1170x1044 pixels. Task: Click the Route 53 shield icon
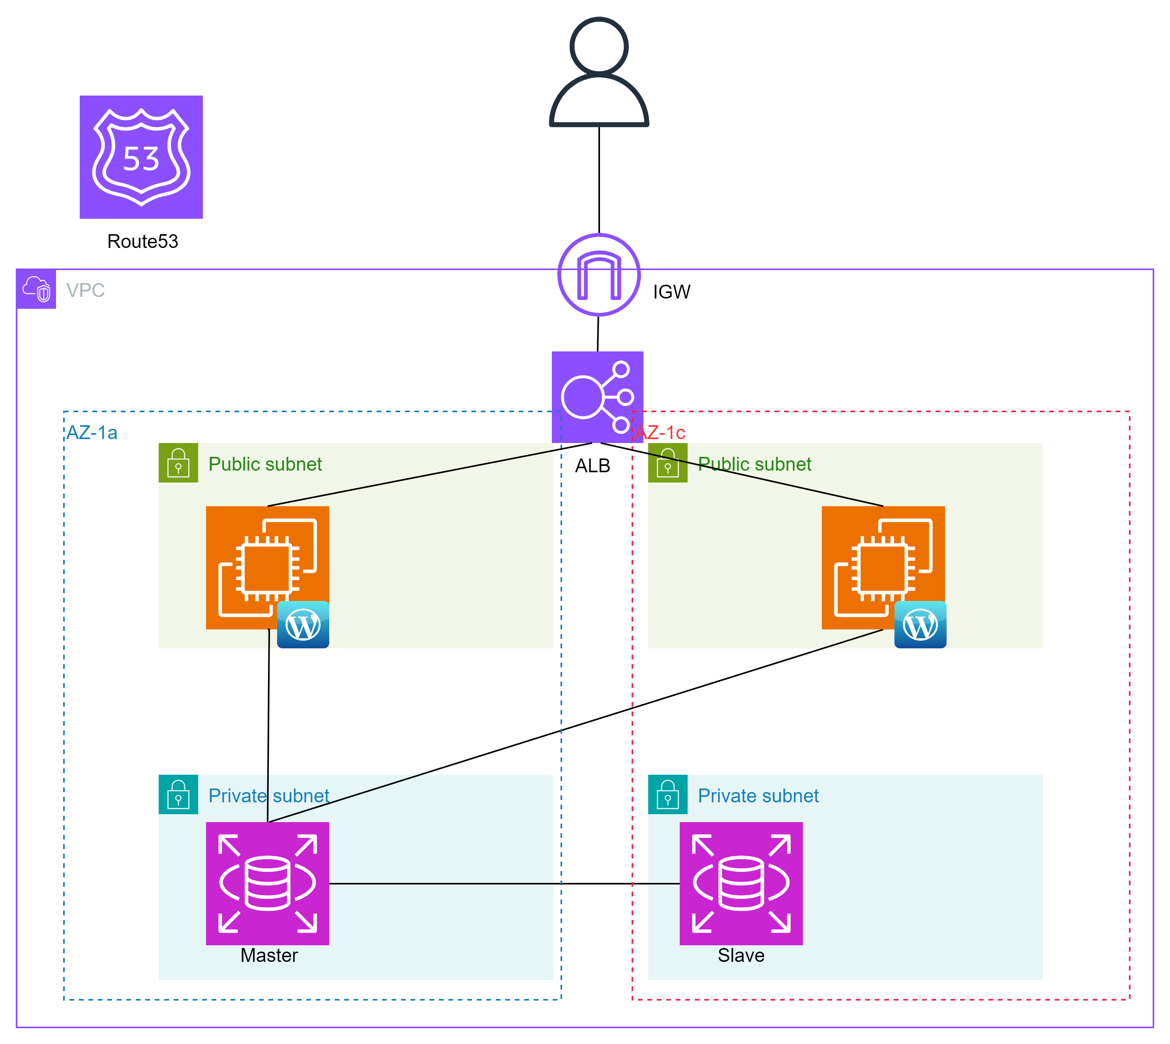[141, 157]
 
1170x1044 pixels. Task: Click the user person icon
[599, 72]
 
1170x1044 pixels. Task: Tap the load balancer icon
[597, 397]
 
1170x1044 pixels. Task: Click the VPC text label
[85, 290]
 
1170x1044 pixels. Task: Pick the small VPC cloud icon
[36, 289]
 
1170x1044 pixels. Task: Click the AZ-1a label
[92, 432]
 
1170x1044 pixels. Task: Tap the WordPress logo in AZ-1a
[303, 625]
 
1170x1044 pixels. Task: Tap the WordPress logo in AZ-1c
[920, 625]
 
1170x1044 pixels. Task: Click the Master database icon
[267, 883]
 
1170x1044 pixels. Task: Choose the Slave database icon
[741, 883]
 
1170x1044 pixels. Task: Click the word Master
[269, 956]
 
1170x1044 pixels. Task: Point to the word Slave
[741, 956]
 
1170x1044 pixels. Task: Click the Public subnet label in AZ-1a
[265, 464]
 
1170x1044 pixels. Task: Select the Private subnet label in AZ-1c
[758, 796]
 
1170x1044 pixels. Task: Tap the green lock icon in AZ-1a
[178, 463]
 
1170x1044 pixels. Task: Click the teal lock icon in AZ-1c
[667, 794]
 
